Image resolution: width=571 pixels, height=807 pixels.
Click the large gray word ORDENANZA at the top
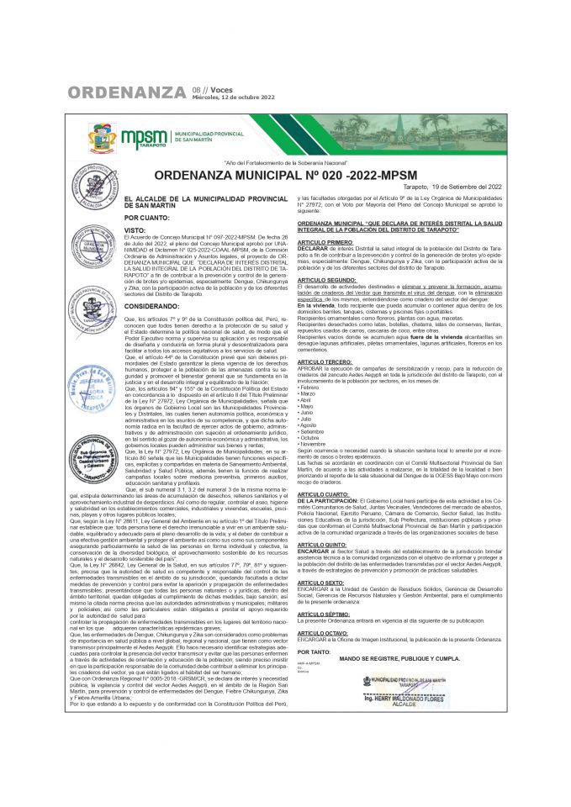pos(127,92)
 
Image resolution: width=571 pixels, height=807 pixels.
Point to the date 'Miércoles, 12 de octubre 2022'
pos(234,98)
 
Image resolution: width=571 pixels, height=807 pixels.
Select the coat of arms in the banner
pos(103,137)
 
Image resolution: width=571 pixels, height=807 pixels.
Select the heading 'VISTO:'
pos(135,229)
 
